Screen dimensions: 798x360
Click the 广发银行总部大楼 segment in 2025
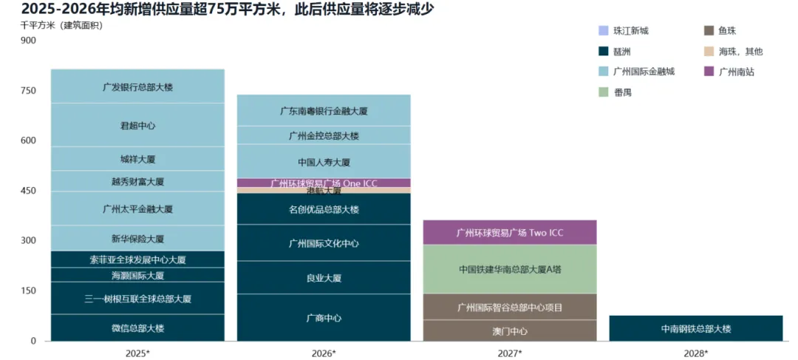click(137, 86)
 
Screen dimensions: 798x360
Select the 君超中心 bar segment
click(137, 125)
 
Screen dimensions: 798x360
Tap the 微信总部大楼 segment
click(137, 327)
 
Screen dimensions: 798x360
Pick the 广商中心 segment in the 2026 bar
click(324, 318)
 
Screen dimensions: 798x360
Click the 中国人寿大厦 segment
click(324, 162)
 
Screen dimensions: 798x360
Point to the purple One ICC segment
click(324, 183)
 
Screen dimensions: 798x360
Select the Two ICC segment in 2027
click(510, 232)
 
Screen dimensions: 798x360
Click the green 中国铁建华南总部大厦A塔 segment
click(510, 269)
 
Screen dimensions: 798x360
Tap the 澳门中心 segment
click(510, 330)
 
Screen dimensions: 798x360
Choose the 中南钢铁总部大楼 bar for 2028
click(695, 328)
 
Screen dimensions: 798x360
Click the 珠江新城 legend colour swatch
click(604, 31)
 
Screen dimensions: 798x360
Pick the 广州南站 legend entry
click(735, 72)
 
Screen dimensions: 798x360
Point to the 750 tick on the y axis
click(27, 90)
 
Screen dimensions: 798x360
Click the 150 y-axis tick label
click(27, 291)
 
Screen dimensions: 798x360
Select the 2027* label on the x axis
click(510, 353)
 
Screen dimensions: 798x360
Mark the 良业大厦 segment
click(324, 278)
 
